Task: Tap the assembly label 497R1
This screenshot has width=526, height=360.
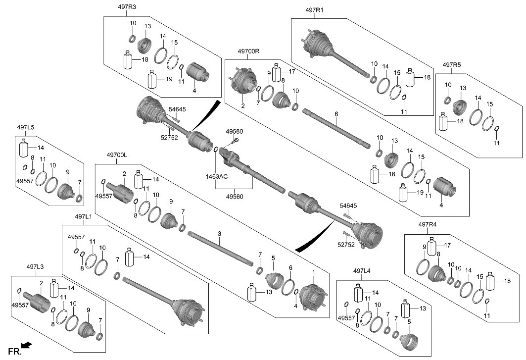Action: tap(315, 9)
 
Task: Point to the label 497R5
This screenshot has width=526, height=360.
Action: tap(452, 65)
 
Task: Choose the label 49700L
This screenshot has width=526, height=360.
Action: tap(117, 155)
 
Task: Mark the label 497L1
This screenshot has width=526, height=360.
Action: tap(84, 216)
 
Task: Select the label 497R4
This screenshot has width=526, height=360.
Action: tap(428, 224)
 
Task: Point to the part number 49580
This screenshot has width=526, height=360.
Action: tap(235, 132)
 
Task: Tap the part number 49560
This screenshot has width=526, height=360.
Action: tap(236, 196)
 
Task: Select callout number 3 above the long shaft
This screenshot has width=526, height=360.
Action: tap(220, 233)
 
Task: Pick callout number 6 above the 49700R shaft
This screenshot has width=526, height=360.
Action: tap(336, 114)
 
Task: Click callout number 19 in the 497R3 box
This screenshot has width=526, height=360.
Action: tap(169, 79)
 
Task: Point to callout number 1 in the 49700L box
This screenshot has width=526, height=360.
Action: tap(313, 272)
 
